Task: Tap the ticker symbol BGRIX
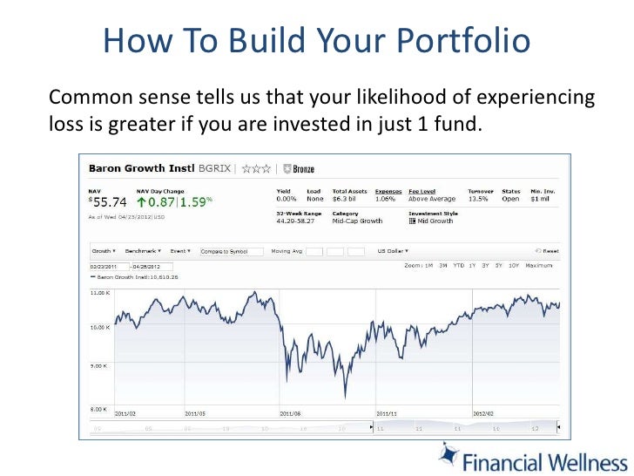click(x=215, y=168)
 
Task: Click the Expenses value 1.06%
click(x=384, y=198)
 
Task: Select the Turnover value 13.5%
click(x=478, y=198)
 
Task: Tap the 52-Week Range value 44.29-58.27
click(x=296, y=221)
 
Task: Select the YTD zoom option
click(x=458, y=264)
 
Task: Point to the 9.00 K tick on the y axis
click(x=100, y=366)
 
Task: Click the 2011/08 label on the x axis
click(x=290, y=413)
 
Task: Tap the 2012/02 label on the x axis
click(x=482, y=413)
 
